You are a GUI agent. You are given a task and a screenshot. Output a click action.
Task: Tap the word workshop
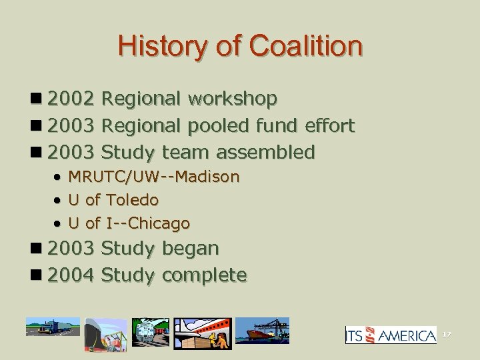tap(233, 99)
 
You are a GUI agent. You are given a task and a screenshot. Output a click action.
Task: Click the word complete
tap(204, 275)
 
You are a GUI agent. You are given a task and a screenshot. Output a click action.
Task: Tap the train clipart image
tap(151, 331)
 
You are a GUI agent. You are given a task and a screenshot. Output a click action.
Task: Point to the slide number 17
tap(448, 335)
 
